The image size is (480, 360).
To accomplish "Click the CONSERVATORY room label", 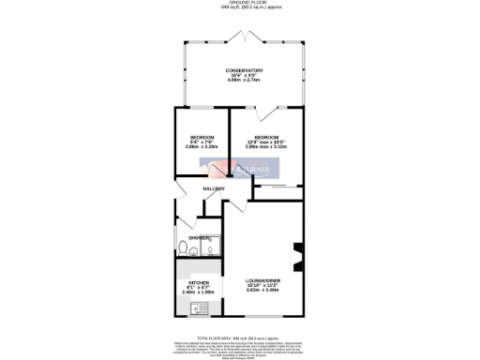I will tap(244, 71).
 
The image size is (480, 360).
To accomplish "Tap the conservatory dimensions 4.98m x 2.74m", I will tap(244, 82).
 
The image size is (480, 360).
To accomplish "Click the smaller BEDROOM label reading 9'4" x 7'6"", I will tap(202, 138).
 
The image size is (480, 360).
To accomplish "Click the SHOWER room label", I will tap(199, 238).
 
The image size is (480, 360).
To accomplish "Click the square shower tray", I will tap(211, 247).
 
